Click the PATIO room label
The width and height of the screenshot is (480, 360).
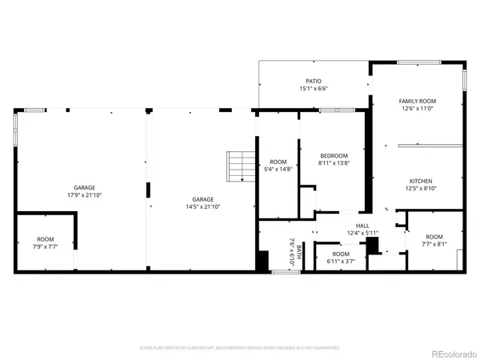tap(313, 81)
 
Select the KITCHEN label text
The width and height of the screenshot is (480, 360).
tap(421, 181)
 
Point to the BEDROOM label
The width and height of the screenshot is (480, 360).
tap(334, 155)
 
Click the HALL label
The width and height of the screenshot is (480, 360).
tap(362, 226)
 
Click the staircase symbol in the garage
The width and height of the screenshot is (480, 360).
tap(240, 166)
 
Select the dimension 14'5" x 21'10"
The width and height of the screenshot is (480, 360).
tap(202, 206)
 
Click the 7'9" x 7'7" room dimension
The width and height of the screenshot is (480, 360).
tap(46, 247)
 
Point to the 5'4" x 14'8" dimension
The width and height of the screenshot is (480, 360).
tap(278, 169)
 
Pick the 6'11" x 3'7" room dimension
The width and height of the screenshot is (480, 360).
tap(340, 261)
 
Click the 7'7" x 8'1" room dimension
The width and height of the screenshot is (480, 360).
tap(434, 245)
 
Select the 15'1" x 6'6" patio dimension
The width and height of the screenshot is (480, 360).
tap(313, 89)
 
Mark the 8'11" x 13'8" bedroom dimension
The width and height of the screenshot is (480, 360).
tap(334, 163)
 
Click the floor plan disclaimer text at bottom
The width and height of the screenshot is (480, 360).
tap(240, 348)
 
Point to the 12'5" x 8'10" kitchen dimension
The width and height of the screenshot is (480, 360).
tap(421, 189)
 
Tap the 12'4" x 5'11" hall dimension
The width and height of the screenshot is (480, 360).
tap(362, 234)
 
